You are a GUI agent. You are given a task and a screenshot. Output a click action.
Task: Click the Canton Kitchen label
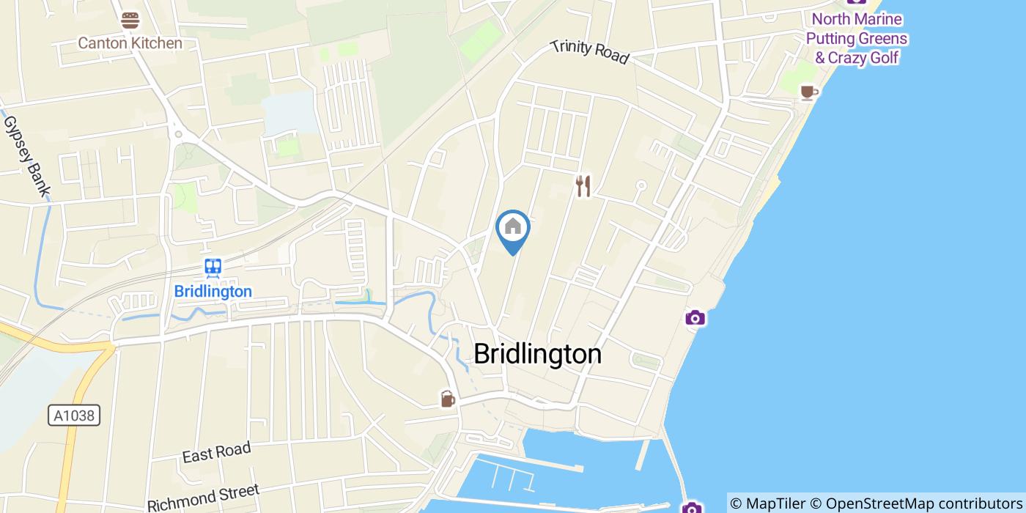[x=130, y=43]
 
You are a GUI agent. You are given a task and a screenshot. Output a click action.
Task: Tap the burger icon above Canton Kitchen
[x=130, y=21]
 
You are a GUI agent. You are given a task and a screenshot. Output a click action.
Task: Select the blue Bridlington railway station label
[x=213, y=291]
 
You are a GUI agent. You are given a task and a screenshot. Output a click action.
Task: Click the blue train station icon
[x=213, y=267]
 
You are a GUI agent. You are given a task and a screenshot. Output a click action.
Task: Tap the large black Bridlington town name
[x=537, y=354]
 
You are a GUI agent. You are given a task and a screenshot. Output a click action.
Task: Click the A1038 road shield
[x=75, y=416]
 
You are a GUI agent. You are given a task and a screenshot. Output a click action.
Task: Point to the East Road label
[x=216, y=452]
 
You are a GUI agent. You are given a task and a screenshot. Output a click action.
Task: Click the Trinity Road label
[x=590, y=52]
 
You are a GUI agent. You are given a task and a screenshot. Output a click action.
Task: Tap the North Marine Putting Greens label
[x=856, y=38]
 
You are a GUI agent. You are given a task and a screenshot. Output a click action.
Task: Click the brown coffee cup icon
[x=808, y=92]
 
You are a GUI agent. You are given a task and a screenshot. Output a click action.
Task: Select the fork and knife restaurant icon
[x=583, y=186]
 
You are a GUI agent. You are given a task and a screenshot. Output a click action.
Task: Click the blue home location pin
[x=513, y=227]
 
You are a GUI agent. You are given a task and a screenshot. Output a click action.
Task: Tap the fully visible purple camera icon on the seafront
[x=695, y=317]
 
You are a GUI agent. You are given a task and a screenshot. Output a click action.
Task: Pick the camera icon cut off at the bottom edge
[x=691, y=508]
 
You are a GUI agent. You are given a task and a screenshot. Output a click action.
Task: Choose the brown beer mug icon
[x=447, y=399]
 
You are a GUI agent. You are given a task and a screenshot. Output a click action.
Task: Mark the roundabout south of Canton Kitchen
[x=178, y=134]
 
